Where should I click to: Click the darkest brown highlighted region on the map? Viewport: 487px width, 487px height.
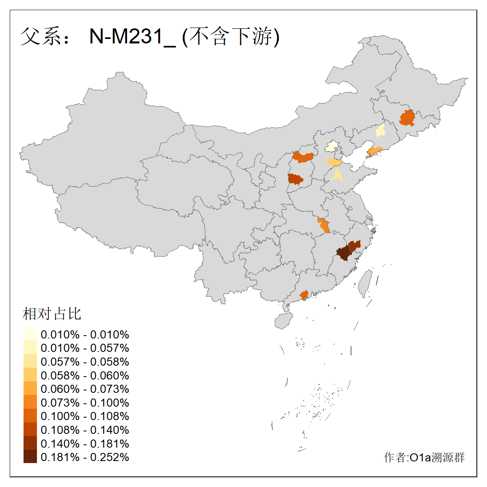click(x=343, y=253)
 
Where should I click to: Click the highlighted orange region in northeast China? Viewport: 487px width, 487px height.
click(x=407, y=118)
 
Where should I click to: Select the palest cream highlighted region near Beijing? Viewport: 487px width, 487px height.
click(x=332, y=146)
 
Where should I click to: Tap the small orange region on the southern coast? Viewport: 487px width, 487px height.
click(x=304, y=294)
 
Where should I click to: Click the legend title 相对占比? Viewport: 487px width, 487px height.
click(x=52, y=314)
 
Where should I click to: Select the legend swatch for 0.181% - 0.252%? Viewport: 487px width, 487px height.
click(x=30, y=457)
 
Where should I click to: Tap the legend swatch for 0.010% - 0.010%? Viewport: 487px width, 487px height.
click(x=30, y=334)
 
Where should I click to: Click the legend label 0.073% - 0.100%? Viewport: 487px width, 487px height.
click(x=85, y=403)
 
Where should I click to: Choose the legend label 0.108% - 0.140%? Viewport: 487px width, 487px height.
click(x=85, y=430)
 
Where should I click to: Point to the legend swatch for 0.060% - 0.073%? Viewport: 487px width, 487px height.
click(x=30, y=388)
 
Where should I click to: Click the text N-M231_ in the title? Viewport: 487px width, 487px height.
click(x=132, y=37)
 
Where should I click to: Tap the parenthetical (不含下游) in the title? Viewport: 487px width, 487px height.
click(x=231, y=37)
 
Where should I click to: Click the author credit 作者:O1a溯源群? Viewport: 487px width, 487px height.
click(x=424, y=457)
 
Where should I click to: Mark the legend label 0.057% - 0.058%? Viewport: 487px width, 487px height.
click(x=85, y=362)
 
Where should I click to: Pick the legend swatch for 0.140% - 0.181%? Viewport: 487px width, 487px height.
click(x=30, y=443)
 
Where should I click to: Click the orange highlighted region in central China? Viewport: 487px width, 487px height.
click(x=323, y=225)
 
